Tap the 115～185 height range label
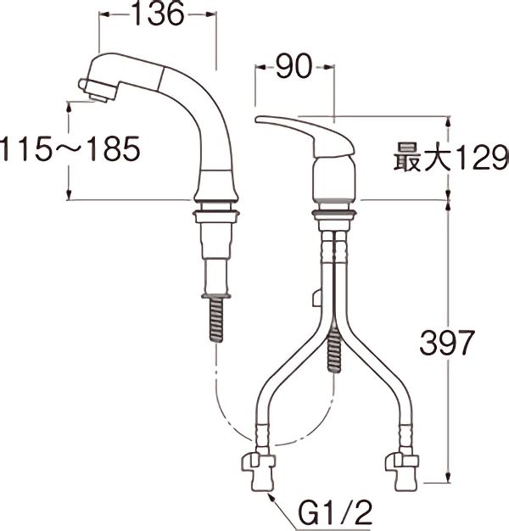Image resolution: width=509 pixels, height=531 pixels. click(x=70, y=150)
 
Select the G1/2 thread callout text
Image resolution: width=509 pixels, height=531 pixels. click(x=333, y=513)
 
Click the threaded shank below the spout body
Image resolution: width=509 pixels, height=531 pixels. click(x=217, y=317)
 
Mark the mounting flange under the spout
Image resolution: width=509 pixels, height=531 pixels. click(x=217, y=207)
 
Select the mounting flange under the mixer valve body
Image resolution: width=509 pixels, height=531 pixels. click(x=334, y=204)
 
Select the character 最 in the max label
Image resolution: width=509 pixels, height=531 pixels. click(x=407, y=158)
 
